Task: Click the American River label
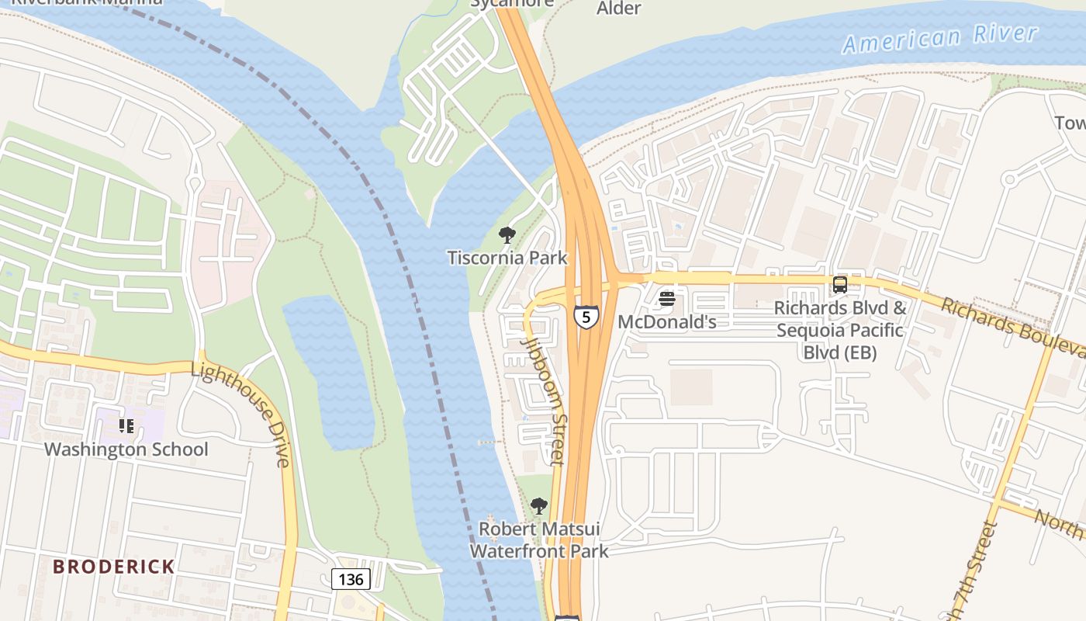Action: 939,38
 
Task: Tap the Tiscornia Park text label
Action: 507,258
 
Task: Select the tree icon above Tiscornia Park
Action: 507,234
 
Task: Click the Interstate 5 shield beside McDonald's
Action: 586,317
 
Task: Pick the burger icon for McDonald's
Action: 666,299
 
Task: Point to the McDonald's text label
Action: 666,321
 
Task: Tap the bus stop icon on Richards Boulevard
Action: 839,285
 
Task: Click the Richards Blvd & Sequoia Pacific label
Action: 840,330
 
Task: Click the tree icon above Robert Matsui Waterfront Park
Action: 538,507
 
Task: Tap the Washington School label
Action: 126,449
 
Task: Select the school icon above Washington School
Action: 126,425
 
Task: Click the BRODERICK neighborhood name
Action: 113,567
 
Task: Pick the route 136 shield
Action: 351,579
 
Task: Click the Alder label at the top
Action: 618,9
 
